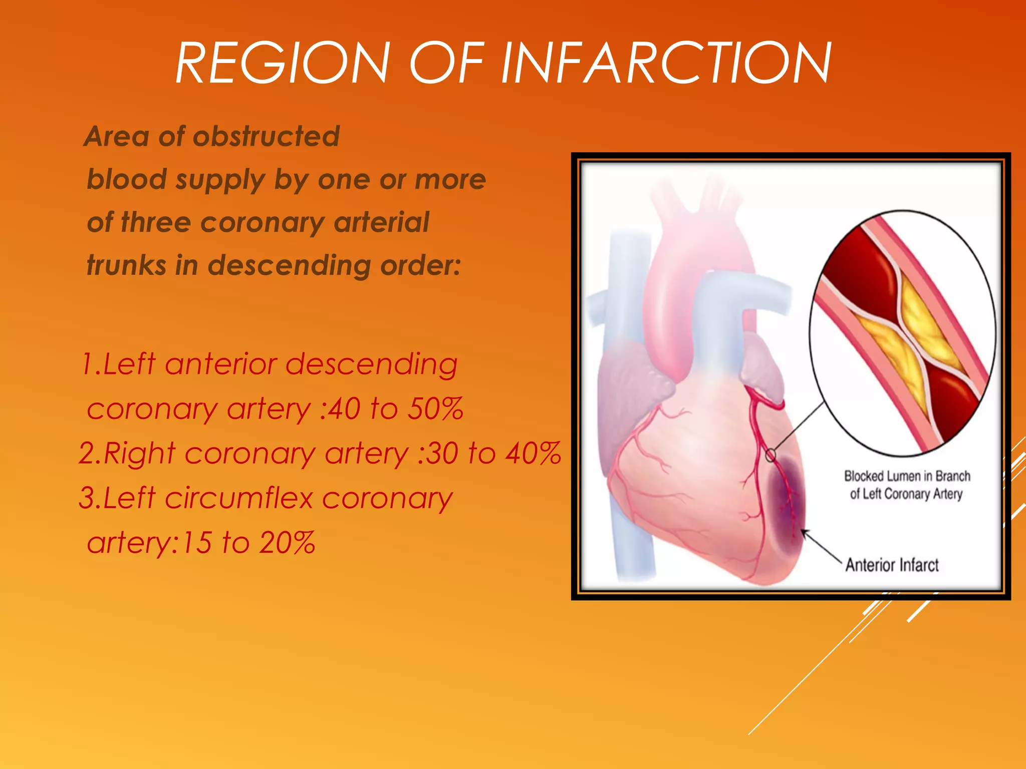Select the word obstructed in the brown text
[266, 136]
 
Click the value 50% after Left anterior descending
[435, 409]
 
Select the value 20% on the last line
[287, 542]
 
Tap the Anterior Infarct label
[892, 565]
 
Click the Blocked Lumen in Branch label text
[907, 476]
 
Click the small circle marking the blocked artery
[771, 455]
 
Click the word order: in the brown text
[420, 265]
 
